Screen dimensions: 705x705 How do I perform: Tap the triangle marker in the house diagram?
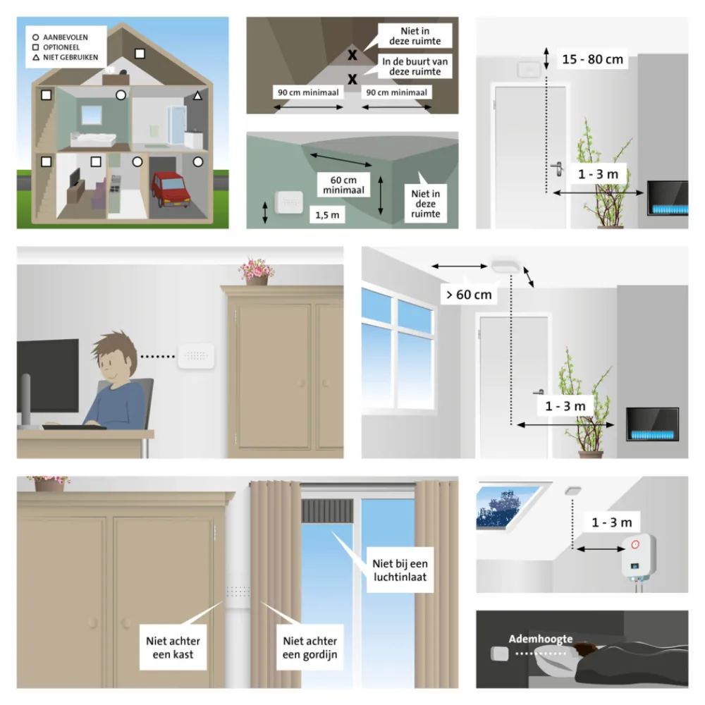198,95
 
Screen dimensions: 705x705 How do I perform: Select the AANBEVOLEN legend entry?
68,35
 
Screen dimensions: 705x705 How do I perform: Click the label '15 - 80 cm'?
592,59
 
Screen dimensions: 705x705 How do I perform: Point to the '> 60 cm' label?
467,294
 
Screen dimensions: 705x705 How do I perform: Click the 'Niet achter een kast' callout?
173,647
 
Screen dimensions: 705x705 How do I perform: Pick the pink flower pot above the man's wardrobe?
257,271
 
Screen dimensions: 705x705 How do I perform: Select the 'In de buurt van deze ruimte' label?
415,67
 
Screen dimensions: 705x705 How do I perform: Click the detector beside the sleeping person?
499,655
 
